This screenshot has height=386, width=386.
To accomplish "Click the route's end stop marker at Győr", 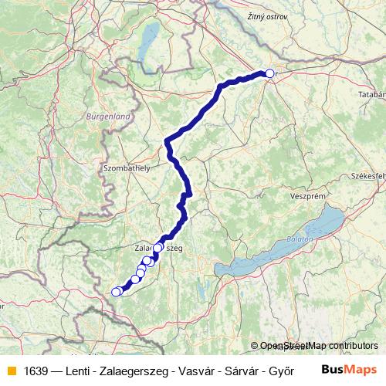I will click(x=269, y=73).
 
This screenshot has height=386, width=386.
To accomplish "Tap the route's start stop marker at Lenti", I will click(x=116, y=292).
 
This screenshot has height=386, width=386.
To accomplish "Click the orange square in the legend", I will click(x=10, y=370).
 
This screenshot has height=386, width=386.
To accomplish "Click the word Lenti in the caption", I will click(x=82, y=370).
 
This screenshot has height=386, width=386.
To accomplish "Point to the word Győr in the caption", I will click(x=281, y=370).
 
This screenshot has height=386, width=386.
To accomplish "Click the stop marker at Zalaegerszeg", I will click(x=158, y=248).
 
